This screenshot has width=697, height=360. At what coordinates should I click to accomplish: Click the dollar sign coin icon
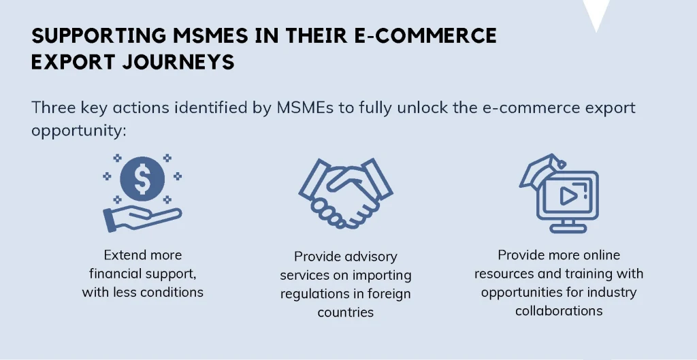142,179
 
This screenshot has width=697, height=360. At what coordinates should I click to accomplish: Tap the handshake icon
345,193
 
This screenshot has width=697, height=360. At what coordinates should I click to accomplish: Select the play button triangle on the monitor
567,196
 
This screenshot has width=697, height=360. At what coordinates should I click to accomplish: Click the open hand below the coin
142,218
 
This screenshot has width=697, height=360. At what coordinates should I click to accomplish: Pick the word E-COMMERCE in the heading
425,35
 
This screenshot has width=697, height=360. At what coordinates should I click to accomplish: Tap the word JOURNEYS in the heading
178,62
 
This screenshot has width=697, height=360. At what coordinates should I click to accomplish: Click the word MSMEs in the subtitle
305,108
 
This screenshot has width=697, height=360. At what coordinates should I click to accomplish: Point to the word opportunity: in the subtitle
79,131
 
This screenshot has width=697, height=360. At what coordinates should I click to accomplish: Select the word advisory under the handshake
371,257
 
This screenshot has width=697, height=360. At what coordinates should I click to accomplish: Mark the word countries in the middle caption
345,312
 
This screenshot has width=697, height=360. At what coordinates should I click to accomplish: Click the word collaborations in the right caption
559,311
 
